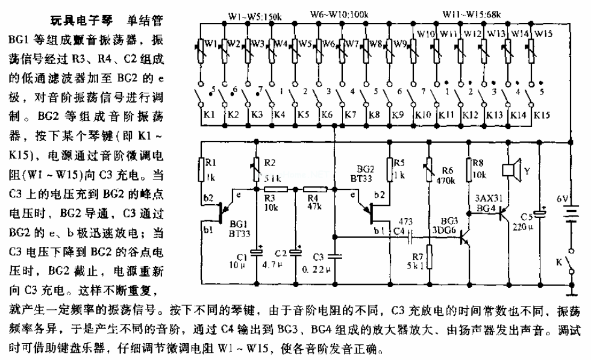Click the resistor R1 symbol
pos(201,170)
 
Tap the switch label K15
pos(542,114)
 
